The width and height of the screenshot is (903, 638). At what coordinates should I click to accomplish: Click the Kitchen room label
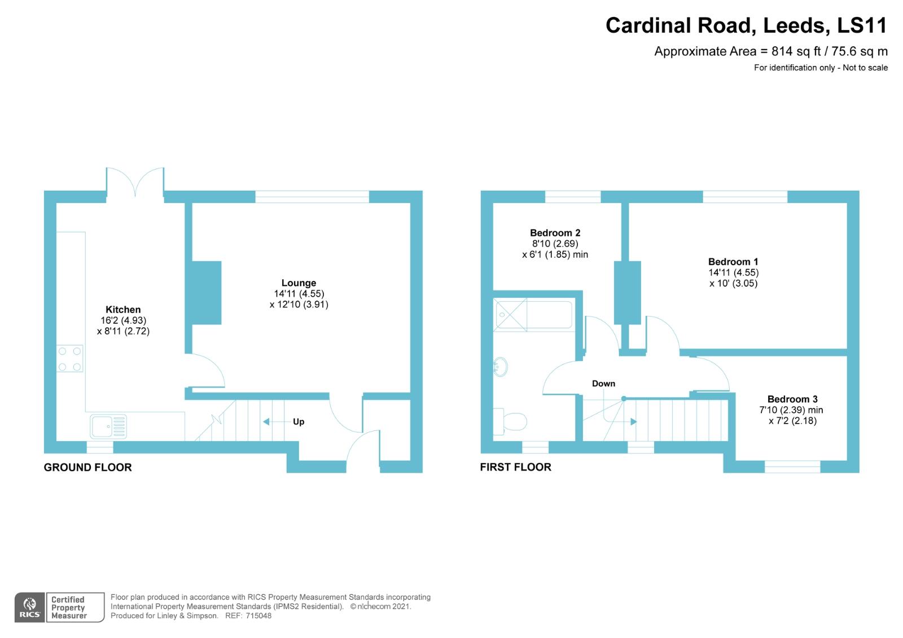[x=123, y=309]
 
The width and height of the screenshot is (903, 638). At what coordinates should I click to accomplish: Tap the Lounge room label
[x=299, y=283]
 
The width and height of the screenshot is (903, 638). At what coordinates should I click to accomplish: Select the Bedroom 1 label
[x=733, y=261]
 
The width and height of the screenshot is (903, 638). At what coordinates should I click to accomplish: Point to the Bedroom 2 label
[x=555, y=232]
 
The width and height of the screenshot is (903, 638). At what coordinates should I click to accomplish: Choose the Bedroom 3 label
[x=792, y=399]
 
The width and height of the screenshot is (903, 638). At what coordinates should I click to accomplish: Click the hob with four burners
[x=70, y=359]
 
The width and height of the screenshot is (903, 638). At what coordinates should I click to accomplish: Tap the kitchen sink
[x=108, y=426]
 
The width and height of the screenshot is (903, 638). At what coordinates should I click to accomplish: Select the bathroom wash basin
[x=500, y=367]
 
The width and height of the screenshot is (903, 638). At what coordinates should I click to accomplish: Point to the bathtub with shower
[x=533, y=314]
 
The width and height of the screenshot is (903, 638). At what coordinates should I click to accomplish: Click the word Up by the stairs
[x=299, y=421]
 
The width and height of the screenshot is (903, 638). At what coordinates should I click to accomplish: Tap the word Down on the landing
[x=603, y=384]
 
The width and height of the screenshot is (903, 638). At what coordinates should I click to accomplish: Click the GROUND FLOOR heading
[x=87, y=467]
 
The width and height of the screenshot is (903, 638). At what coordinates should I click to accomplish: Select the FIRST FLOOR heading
[x=515, y=467]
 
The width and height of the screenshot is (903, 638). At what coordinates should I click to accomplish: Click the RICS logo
[x=29, y=608]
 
